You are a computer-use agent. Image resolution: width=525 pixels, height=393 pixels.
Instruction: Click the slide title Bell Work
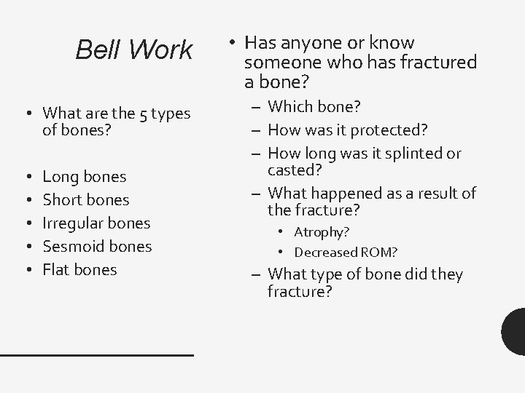pyautogui.click(x=134, y=50)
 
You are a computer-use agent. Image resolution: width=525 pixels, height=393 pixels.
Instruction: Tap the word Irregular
pyautogui.click(x=71, y=223)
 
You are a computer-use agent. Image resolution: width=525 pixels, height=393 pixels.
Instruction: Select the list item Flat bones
pyautogui.click(x=79, y=269)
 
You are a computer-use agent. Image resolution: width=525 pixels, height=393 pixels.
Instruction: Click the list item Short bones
pyautogui.click(x=86, y=199)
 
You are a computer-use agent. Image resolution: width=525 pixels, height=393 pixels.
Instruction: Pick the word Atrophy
pyautogui.click(x=321, y=232)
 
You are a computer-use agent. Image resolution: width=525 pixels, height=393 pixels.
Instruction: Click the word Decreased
pyautogui.click(x=327, y=253)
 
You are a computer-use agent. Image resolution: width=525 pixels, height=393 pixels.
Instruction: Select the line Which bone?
pyautogui.click(x=314, y=107)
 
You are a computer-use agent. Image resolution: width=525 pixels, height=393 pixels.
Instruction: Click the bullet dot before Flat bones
pyautogui.click(x=26, y=270)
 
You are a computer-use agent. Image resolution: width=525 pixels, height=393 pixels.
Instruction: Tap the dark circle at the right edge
pyautogui.click(x=515, y=330)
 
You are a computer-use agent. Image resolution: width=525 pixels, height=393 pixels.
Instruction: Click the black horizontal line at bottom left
pyautogui.click(x=96, y=354)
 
